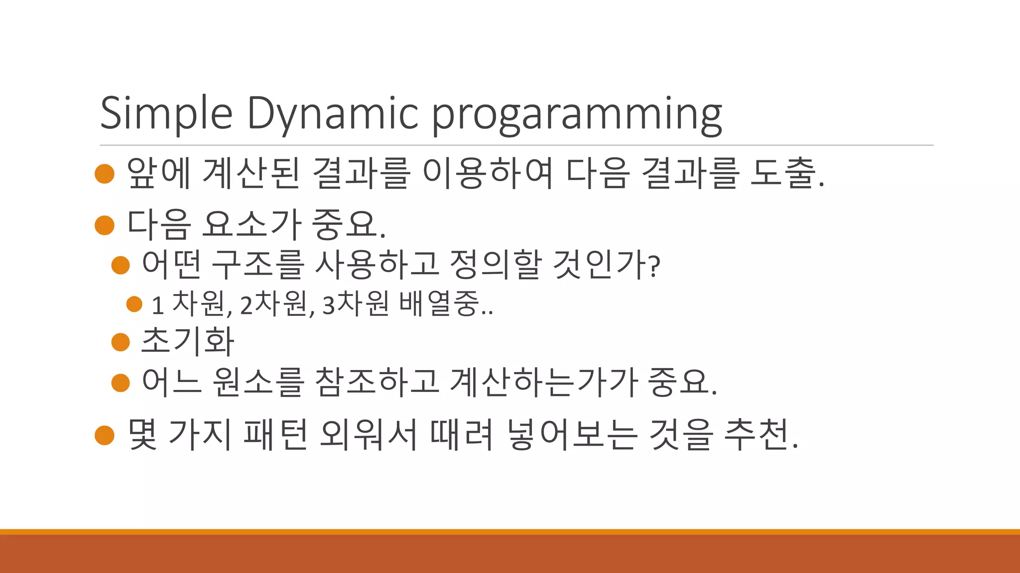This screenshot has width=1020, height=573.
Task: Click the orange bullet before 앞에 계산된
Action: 105,174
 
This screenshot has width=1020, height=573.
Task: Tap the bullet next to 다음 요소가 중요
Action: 105,225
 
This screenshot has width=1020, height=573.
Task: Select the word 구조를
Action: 257,264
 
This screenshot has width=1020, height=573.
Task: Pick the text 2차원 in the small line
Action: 273,304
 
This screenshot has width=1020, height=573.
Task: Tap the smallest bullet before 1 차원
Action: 134,304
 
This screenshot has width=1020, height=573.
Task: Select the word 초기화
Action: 188,341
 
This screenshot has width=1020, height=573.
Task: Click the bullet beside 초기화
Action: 121,342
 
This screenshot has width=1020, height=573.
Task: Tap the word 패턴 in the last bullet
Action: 275,434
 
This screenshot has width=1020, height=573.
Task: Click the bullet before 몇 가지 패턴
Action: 105,435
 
